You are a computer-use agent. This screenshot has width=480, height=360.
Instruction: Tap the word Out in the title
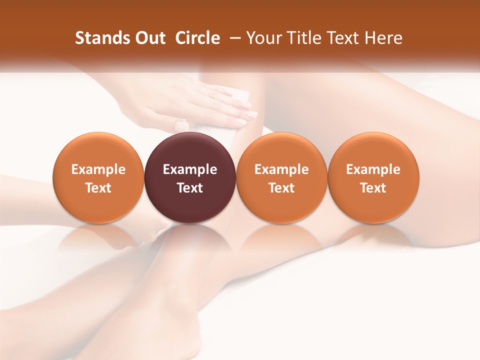point(149,38)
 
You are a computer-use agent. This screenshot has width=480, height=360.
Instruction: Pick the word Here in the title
point(384,38)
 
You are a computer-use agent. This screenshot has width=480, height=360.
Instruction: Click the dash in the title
point(233,38)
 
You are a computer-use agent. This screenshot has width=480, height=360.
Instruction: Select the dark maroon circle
point(190,177)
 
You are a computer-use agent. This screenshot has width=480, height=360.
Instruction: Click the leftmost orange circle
point(98,177)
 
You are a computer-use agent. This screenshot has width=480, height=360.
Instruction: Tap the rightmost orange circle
point(373,177)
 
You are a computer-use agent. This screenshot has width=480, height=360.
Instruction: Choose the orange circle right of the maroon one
point(281,177)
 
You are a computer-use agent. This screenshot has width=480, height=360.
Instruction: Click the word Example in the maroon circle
point(190,169)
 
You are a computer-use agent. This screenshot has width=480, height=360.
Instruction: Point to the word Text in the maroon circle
point(190,188)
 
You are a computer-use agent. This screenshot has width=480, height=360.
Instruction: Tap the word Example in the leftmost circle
point(98,169)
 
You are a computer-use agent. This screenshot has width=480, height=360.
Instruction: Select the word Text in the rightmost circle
point(373,188)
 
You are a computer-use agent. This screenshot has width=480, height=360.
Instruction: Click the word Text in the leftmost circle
point(98,188)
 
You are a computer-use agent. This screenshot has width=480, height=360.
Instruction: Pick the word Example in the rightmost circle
point(373,169)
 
